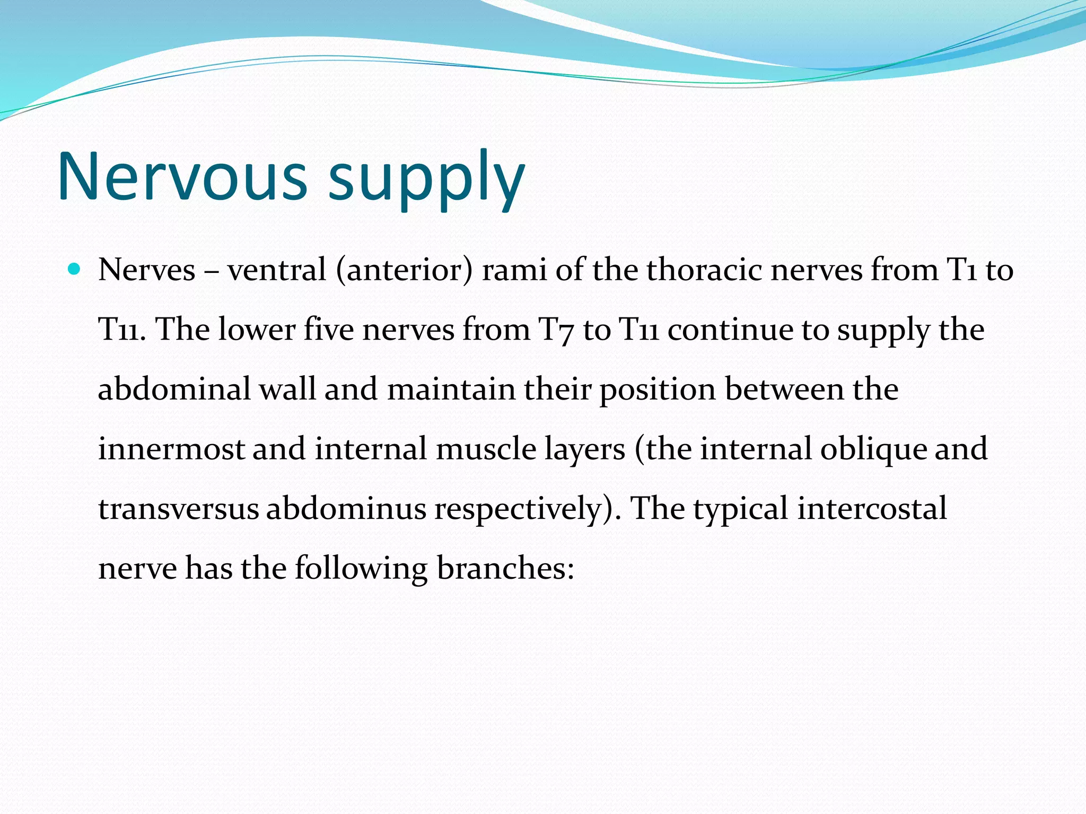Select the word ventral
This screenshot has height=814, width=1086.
276,270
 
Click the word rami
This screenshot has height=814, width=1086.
514,270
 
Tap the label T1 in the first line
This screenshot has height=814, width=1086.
961,270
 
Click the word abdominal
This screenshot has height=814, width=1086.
174,389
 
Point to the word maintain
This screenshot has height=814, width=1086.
451,389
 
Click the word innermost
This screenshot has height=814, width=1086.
171,449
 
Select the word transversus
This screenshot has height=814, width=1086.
178,509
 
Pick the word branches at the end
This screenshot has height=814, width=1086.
505,568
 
